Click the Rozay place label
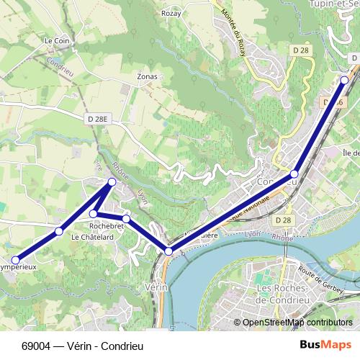[x=171, y=13]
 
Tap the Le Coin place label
[x=55, y=41]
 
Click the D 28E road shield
[x=96, y=118]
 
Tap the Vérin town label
[x=156, y=287]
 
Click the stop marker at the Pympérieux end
[x=16, y=260]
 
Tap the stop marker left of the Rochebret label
[x=94, y=214]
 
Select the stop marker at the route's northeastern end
[x=345, y=79]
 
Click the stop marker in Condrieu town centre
[x=294, y=174]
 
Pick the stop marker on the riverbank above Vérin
[x=168, y=251]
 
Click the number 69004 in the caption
[x=36, y=345]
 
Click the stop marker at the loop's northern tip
[x=112, y=182]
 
